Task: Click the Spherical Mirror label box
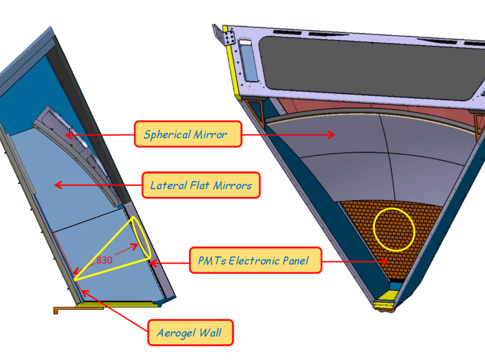(x=188, y=134)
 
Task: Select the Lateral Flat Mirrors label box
(x=201, y=185)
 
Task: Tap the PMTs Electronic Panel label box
(x=255, y=260)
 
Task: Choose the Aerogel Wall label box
(x=190, y=333)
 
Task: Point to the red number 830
(x=104, y=260)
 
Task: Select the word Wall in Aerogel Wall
(x=211, y=332)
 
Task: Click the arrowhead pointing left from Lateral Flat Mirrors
(x=58, y=185)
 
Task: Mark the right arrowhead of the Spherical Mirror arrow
(x=331, y=135)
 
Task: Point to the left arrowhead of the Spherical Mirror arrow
(x=69, y=135)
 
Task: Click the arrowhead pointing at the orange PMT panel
(x=385, y=261)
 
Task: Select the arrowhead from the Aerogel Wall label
(x=85, y=293)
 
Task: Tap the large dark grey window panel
(x=370, y=67)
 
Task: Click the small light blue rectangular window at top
(x=248, y=62)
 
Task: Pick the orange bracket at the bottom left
(x=78, y=310)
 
